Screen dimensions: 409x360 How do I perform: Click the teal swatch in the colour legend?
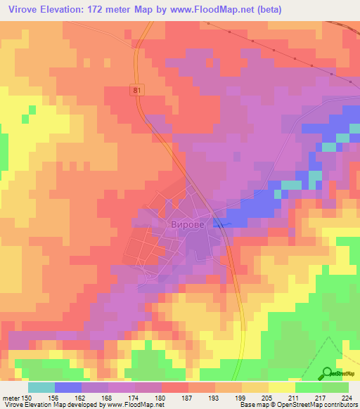click(x=41, y=387)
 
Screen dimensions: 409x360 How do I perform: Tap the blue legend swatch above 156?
click(x=68, y=387)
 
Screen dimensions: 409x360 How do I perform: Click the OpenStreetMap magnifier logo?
click(x=326, y=372)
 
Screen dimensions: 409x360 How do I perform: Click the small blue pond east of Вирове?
click(x=220, y=224)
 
